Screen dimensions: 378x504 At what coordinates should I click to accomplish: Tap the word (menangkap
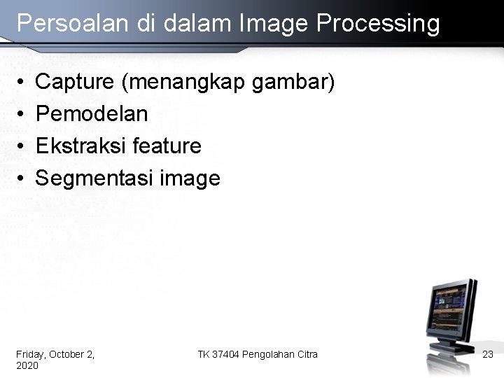183,83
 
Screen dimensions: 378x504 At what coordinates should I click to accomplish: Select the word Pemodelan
92,113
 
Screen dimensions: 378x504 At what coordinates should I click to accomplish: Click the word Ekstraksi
80,146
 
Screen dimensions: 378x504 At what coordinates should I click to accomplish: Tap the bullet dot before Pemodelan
22,114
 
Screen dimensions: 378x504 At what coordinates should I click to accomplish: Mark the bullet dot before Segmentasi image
22,179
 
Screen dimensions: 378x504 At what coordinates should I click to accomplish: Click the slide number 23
488,355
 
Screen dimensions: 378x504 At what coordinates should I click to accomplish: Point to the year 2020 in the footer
27,365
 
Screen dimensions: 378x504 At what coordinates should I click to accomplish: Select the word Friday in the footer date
29,354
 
